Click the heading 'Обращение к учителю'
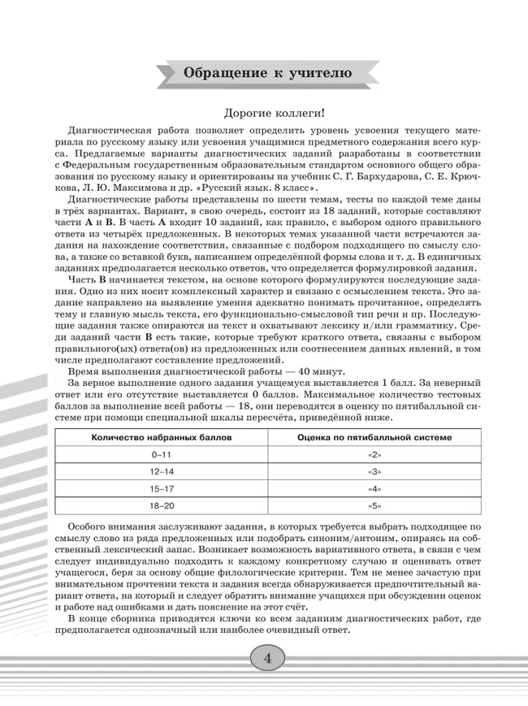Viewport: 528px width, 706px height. click(268, 73)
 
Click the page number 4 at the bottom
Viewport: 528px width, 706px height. click(266, 657)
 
